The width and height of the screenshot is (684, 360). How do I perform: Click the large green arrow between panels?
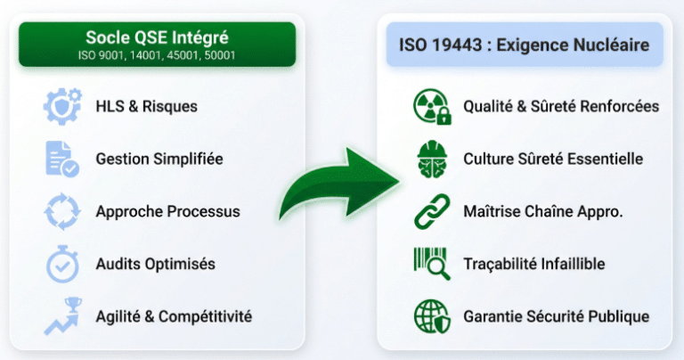click(x=339, y=183)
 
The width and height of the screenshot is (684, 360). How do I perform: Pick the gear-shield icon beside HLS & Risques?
click(x=62, y=106)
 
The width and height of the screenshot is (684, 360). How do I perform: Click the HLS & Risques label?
click(x=147, y=106)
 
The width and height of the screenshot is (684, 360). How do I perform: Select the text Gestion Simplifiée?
click(x=159, y=159)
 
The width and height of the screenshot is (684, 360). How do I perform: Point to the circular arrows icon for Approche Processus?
click(x=62, y=211)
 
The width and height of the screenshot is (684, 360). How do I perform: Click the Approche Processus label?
click(x=167, y=211)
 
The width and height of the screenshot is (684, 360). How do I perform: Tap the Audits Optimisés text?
click(x=155, y=264)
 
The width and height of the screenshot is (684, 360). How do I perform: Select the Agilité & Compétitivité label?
click(x=174, y=316)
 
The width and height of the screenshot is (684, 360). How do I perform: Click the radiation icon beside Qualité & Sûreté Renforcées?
click(x=433, y=106)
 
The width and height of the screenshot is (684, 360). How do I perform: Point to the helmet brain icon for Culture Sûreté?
click(x=433, y=159)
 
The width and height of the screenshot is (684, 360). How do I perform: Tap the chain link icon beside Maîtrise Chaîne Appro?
click(x=433, y=211)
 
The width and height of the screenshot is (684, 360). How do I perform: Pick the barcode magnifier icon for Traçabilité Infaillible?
click(x=433, y=264)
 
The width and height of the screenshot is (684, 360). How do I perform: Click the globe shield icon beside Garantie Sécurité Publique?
click(x=433, y=316)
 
